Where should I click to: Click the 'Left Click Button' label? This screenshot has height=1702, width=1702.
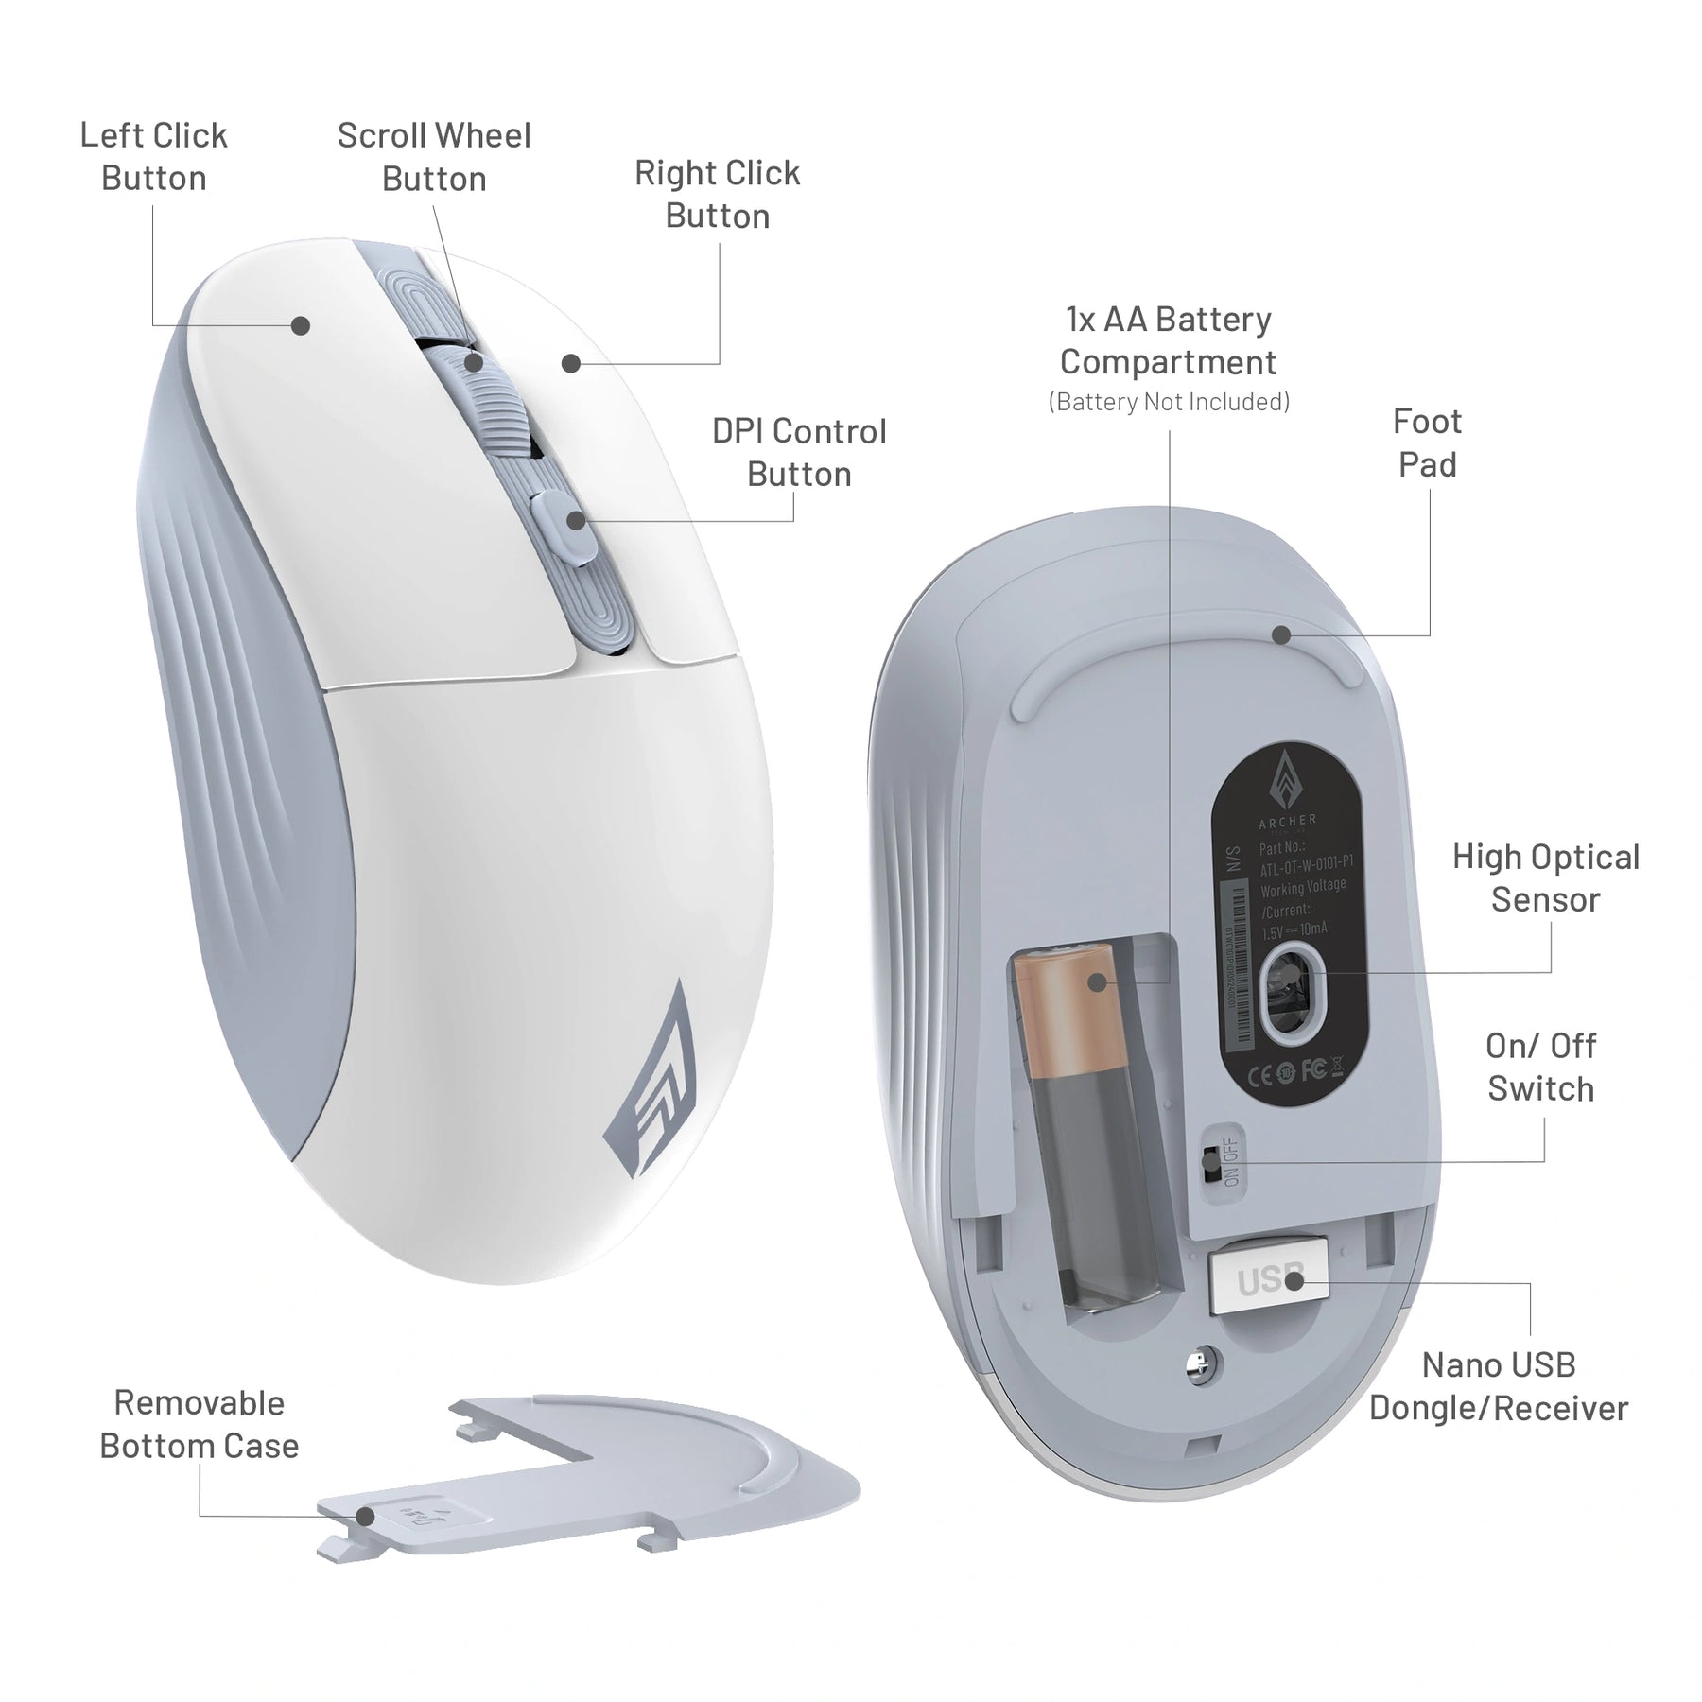[x=153, y=157]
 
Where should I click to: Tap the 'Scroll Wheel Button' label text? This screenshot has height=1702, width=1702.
[x=434, y=157]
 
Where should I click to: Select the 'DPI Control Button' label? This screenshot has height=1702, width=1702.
[x=799, y=453]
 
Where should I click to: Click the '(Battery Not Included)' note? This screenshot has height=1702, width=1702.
[x=1169, y=402]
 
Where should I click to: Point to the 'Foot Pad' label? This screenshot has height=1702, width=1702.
[x=1427, y=443]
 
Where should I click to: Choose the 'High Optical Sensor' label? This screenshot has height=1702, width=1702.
[x=1545, y=878]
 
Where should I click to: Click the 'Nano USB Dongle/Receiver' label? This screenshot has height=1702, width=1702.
[x=1499, y=1386]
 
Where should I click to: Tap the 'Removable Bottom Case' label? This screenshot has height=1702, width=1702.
[x=200, y=1424]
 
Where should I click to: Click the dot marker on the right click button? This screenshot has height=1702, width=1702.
[x=570, y=363]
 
